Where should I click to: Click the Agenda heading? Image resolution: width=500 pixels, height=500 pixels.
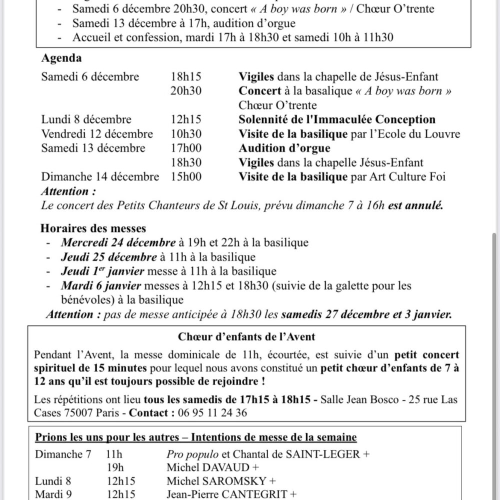pyautogui.click(x=61, y=58)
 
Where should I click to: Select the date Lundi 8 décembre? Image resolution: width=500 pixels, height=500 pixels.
pyautogui.click(x=86, y=120)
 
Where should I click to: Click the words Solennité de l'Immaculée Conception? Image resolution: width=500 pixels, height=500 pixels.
pyautogui.click(x=337, y=120)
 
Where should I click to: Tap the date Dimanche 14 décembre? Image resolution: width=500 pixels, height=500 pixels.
pyautogui.click(x=100, y=177)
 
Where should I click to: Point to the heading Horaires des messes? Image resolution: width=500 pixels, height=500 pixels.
pyautogui.click(x=93, y=228)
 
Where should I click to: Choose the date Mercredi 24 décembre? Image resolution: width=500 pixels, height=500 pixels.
pyautogui.click(x=118, y=243)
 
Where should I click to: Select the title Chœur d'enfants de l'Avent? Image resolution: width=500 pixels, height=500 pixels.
pyautogui.click(x=246, y=336)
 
